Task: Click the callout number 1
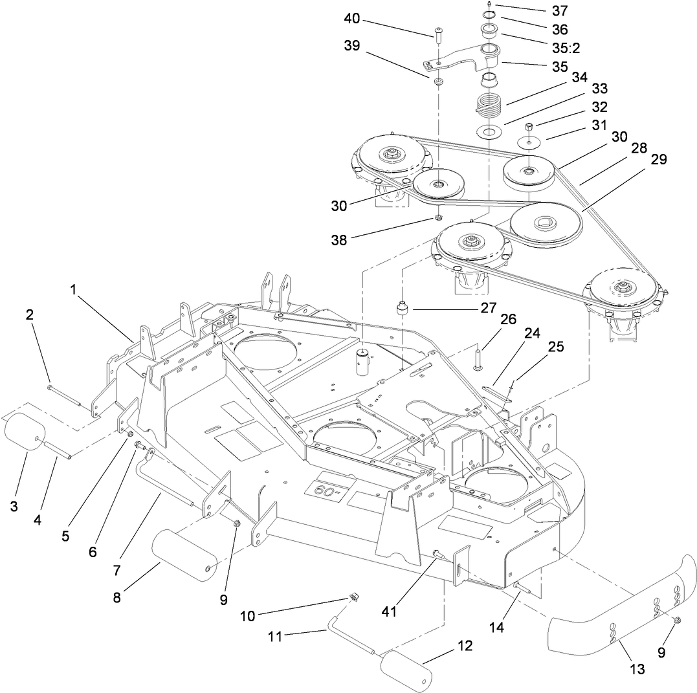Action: (73, 291)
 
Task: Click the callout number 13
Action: (637, 669)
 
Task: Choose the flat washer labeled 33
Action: (489, 132)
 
